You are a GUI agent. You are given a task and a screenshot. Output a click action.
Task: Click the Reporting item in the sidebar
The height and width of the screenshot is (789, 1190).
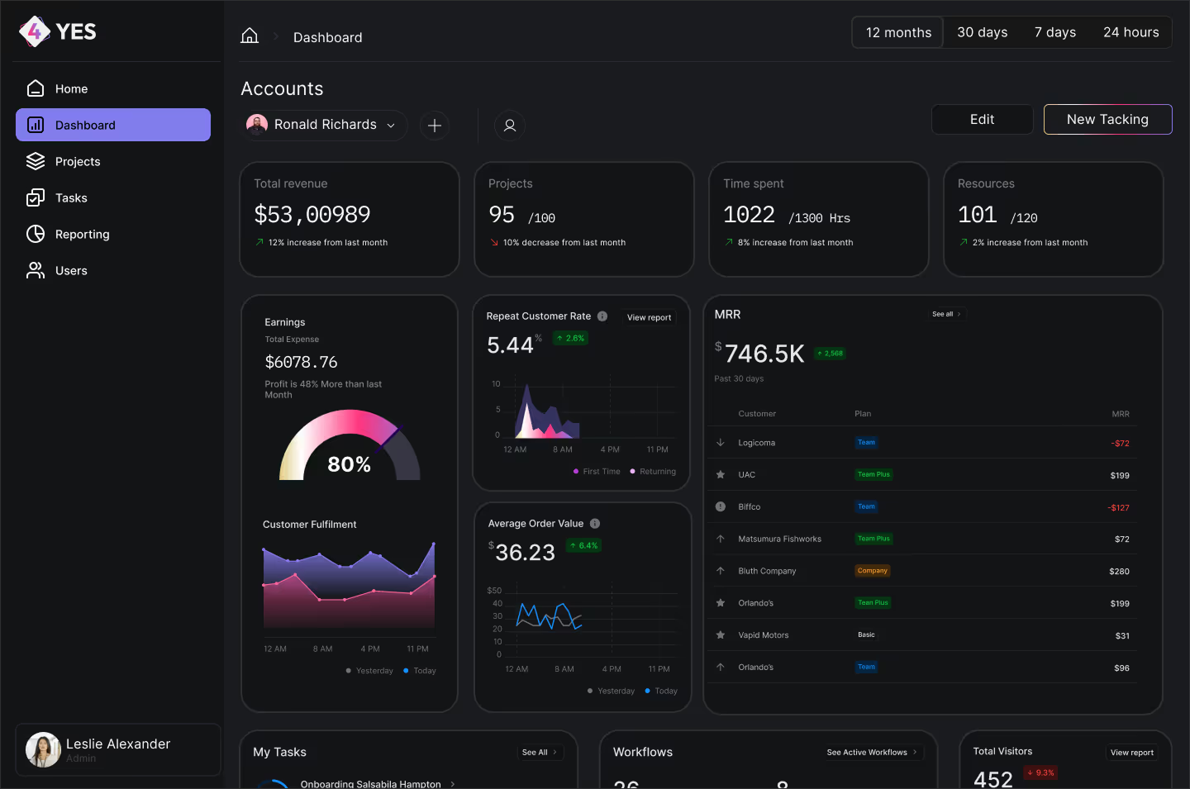pos(81,235)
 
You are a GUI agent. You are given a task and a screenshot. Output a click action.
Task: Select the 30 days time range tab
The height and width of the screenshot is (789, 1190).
pos(982,32)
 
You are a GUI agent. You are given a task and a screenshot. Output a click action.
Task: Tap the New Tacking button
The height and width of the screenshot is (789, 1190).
pos(1107,120)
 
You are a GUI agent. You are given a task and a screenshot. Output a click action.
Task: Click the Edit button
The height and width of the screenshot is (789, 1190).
pos(982,120)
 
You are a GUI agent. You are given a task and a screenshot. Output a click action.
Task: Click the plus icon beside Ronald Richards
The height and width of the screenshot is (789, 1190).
pos(435,126)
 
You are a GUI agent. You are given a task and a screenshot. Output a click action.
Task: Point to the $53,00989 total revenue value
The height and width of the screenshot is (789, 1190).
pos(312,215)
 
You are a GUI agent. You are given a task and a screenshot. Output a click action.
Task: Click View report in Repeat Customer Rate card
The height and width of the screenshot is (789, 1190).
pos(649,317)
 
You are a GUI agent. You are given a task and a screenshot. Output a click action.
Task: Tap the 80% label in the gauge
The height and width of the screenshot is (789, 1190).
pos(349,464)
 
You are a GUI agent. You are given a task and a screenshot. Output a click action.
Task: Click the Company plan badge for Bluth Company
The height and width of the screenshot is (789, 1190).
pos(872,571)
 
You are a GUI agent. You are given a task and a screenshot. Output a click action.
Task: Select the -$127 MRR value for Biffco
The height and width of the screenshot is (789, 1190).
pos(1118,508)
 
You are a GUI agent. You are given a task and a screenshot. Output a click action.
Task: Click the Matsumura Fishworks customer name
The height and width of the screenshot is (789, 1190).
pos(779,539)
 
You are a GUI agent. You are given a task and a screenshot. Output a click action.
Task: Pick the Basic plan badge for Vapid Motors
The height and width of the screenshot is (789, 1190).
pos(866,635)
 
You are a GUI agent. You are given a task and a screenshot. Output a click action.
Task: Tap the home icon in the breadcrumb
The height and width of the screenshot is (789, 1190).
pos(250,36)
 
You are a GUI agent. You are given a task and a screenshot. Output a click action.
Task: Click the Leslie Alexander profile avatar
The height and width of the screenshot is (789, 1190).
pos(43,749)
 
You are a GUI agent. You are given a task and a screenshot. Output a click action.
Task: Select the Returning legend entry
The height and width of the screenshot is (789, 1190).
pos(653,472)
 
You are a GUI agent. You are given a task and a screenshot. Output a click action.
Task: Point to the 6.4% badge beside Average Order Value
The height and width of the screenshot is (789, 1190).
pos(583,546)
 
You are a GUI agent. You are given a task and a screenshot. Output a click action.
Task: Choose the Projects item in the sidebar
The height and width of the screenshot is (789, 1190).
pos(77,162)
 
